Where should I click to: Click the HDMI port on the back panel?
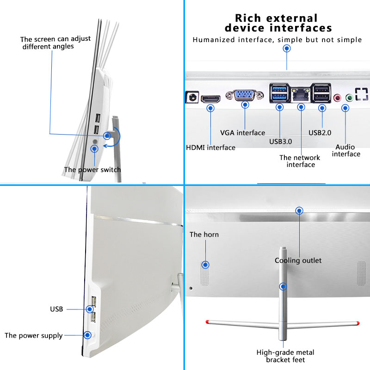click(210, 99)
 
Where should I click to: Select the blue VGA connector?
click(245, 95)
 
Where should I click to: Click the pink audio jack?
click(338, 98)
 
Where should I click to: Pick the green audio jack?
click(349, 98)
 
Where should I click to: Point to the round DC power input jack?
click(192, 97)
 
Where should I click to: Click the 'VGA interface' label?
click(242, 133)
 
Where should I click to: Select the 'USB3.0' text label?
click(281, 142)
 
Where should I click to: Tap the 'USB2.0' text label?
click(320, 133)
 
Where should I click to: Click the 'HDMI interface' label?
click(210, 148)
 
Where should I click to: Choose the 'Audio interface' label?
click(346, 150)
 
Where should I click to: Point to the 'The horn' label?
click(204, 234)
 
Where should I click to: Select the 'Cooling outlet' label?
click(298, 260)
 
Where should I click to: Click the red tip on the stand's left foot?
click(207, 321)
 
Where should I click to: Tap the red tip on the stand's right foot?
click(358, 323)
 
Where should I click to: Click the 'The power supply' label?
click(33, 336)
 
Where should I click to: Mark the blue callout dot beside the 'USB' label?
click(90, 309)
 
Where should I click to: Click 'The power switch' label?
click(92, 170)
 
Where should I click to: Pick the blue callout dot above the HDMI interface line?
click(210, 108)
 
